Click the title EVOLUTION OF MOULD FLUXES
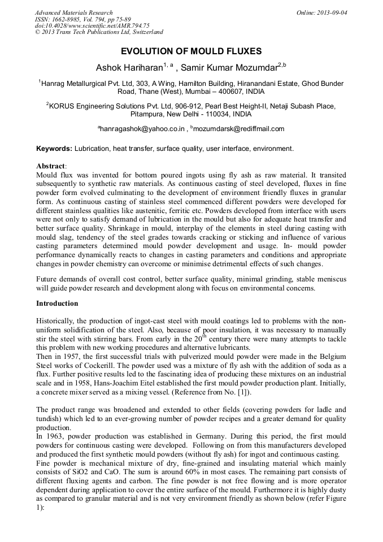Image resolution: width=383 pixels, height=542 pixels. click(x=191, y=51)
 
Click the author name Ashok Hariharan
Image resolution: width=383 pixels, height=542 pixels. click(x=129, y=68)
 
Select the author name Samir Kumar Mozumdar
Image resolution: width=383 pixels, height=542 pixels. click(x=229, y=68)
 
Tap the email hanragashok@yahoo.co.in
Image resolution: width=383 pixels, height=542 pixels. click(x=143, y=129)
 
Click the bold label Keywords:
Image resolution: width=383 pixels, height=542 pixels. click(x=54, y=149)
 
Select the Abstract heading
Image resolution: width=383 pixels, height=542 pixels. click(x=51, y=167)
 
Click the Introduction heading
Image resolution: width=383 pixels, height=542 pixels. click(x=57, y=303)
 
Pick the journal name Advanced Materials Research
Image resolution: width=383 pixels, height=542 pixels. click(x=73, y=12)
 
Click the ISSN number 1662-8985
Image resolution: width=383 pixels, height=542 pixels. click(x=67, y=19)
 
